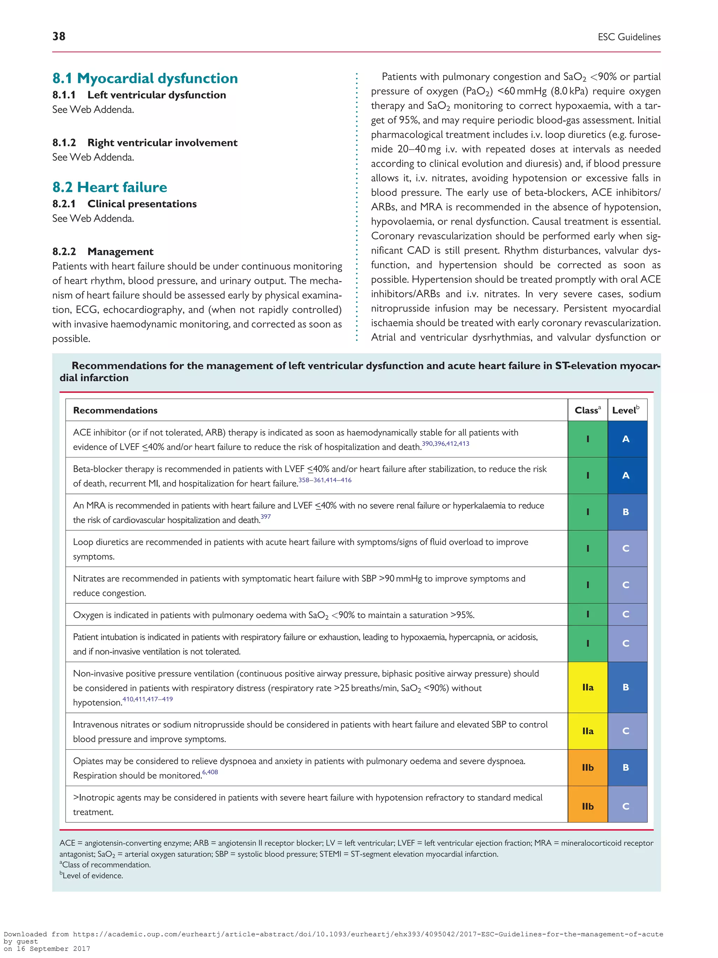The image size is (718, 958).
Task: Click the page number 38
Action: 59,36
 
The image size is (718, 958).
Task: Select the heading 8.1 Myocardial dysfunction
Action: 145,78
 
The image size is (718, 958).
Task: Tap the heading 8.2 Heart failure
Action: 109,187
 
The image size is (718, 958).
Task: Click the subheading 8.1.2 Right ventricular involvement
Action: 145,142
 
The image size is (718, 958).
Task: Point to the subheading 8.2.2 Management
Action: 103,252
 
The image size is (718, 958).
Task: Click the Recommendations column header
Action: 115,410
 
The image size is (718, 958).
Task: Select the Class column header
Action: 587,410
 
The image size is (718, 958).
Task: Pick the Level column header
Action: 625,410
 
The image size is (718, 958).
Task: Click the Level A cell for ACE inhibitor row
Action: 625,439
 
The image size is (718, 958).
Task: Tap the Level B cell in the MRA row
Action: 625,512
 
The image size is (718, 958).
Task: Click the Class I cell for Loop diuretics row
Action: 587,548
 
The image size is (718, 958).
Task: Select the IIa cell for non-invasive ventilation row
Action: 587,687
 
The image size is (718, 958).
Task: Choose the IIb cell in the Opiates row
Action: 587,768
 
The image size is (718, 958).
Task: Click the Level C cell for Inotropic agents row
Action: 625,806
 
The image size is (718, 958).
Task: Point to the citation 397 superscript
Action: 265,517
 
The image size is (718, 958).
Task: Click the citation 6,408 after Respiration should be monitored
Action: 210,772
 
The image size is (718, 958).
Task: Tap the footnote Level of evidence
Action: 92,875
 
